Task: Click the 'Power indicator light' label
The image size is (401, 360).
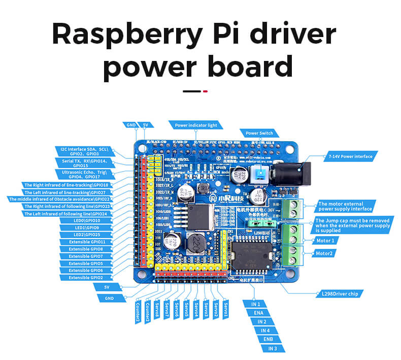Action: (x=195, y=125)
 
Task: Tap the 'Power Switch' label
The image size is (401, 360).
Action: (x=259, y=133)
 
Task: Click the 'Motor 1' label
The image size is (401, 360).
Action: (x=325, y=240)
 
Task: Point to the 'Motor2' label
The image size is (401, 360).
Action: (x=325, y=253)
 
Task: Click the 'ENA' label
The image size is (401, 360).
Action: (x=258, y=313)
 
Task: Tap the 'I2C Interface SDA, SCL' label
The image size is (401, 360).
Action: (x=85, y=151)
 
